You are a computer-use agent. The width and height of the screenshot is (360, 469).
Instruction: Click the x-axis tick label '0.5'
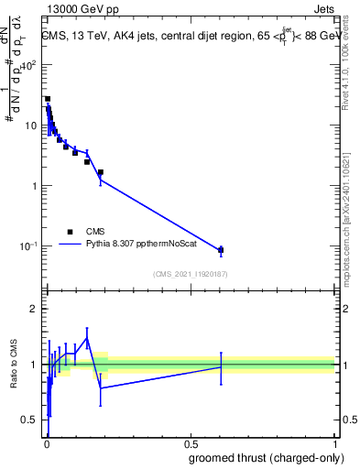point(191,444)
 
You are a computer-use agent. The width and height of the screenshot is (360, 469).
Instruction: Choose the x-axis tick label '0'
point(47,444)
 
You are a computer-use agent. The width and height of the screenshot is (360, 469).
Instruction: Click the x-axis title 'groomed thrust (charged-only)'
point(266,459)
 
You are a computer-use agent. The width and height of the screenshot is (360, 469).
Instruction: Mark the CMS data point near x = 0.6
point(221,249)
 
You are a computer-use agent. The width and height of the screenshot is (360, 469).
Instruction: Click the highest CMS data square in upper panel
point(48,99)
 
